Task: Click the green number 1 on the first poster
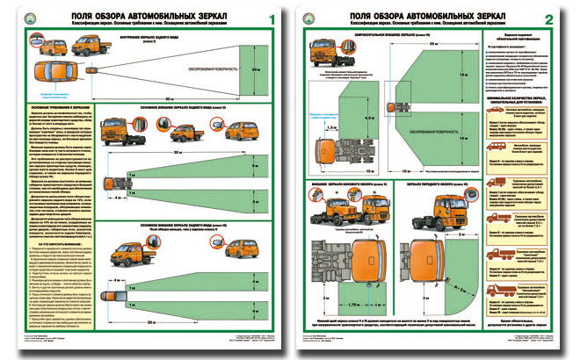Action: pyautogui.click(x=270, y=19)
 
